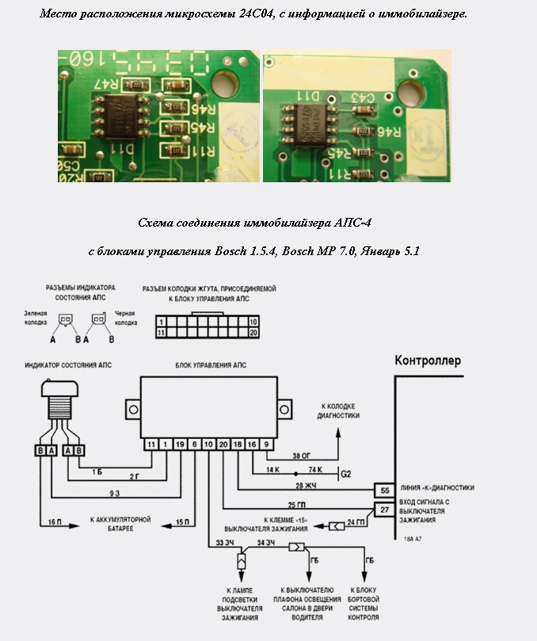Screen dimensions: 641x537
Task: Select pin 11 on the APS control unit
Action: (x=150, y=445)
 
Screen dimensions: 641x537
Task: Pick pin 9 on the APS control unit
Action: (x=267, y=445)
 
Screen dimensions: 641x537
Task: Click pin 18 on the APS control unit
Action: (x=238, y=445)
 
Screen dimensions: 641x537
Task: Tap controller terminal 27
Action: (x=383, y=510)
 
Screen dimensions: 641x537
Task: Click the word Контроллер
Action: (x=428, y=361)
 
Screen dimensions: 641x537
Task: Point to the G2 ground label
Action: (x=345, y=474)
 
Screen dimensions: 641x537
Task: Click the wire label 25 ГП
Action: (x=299, y=505)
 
